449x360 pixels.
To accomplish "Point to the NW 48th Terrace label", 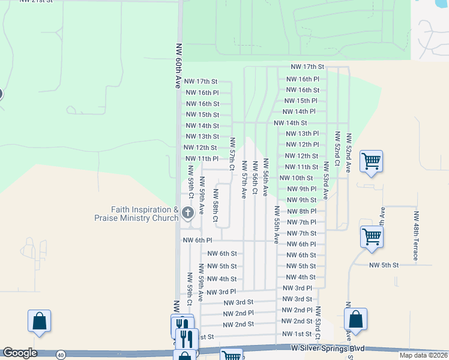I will pos(415,235).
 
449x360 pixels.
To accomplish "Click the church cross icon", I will pos(187,212).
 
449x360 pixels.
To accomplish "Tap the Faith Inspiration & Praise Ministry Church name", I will pos(145,214).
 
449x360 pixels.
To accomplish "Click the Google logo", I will pos(20,353).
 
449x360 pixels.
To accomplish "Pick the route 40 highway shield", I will pos(61,355).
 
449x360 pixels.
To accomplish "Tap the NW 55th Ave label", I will pos(277,224).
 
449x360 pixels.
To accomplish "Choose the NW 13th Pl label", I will pos(302,134).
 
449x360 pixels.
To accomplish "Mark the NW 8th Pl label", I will pos(301,211).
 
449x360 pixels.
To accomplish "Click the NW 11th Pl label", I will pos(200,158).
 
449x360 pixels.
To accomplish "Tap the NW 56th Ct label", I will pos(255,176).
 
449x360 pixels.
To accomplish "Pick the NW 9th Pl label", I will pos(301,189).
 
